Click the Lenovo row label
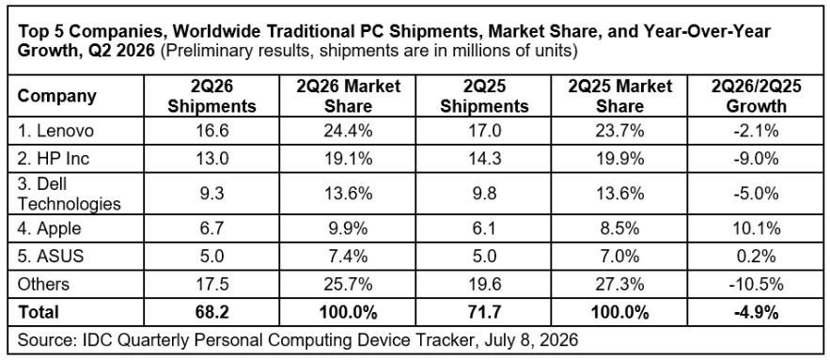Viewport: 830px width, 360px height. tap(55, 131)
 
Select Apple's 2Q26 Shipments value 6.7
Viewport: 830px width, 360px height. tap(211, 228)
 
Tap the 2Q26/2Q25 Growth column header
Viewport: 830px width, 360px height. tap(756, 96)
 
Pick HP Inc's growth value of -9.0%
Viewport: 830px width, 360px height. tap(756, 159)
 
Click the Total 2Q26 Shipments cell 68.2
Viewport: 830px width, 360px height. tap(211, 312)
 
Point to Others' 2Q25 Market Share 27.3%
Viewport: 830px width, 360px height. tap(620, 284)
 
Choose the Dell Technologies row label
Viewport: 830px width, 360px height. tap(70, 194)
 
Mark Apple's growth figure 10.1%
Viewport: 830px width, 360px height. tap(756, 228)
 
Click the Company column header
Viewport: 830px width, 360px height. tap(57, 97)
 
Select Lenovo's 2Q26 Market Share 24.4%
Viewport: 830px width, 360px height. tap(347, 131)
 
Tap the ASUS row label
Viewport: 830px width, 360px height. tap(51, 257)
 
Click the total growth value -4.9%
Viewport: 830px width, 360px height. tap(756, 312)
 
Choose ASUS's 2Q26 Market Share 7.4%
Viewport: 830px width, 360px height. tap(347, 257)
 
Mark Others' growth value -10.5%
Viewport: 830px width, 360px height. tap(756, 284)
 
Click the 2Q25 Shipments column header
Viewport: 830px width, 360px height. tap(484, 96)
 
